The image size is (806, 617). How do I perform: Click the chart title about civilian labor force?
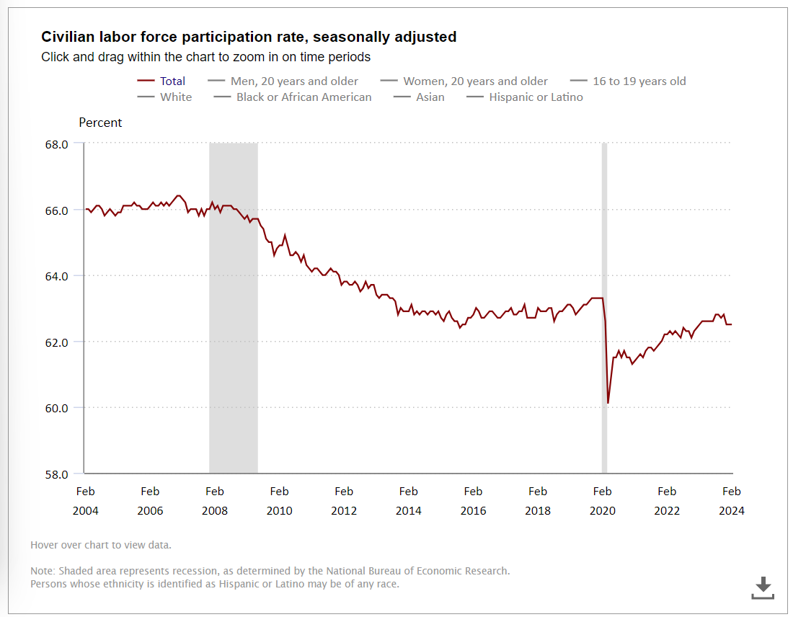point(249,37)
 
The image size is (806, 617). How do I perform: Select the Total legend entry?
point(172,81)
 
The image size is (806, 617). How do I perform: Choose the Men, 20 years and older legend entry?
point(294,81)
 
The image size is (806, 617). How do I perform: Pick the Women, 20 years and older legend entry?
point(475,81)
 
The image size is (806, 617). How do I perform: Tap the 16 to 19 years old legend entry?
point(639,81)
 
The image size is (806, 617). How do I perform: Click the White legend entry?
point(176,97)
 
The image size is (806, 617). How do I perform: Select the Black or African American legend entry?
point(304,97)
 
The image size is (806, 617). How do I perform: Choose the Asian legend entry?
point(430,97)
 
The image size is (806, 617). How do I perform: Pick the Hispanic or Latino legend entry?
point(536,97)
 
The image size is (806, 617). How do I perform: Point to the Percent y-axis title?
point(100,123)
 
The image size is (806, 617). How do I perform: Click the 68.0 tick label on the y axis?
point(56,144)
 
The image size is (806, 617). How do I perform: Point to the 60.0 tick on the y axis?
point(56,408)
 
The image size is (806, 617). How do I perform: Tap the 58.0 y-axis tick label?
point(56,474)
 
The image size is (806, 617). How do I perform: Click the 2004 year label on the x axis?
point(85,510)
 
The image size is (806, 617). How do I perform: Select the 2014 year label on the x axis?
point(408,510)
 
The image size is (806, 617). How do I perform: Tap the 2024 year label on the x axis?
point(731,510)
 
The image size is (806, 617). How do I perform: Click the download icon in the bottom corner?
point(762,587)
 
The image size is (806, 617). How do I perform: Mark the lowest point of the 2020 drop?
point(608,403)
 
